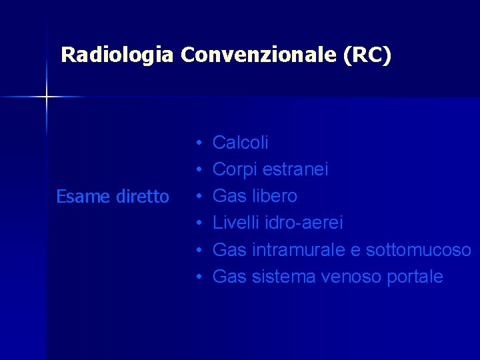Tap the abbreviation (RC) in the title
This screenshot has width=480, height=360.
[x=367, y=55]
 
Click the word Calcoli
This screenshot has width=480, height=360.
[x=241, y=143]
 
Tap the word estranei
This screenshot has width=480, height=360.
[x=295, y=169]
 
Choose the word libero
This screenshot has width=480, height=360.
[x=275, y=196]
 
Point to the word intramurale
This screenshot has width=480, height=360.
[x=299, y=250]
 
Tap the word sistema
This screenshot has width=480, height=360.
[x=284, y=277]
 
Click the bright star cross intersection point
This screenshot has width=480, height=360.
[x=46, y=97]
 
